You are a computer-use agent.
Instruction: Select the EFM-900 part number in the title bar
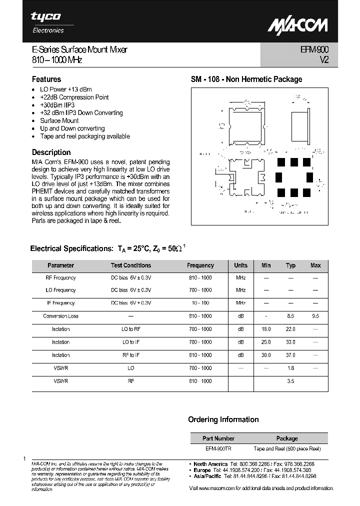coord(315,49)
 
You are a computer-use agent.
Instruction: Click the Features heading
coord(46,79)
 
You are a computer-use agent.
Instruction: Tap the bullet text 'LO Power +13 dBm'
coord(65,89)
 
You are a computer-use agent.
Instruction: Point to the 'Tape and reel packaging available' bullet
coord(84,136)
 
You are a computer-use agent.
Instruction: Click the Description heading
coord(51,152)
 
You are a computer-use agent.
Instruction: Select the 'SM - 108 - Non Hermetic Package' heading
coord(246,79)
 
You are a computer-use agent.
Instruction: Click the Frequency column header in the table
coord(200,265)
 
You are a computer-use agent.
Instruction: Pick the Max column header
coord(315,265)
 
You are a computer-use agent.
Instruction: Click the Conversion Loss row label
coord(60,316)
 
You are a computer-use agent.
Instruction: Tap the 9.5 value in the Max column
coord(315,316)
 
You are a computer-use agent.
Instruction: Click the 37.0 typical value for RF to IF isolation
coord(290,355)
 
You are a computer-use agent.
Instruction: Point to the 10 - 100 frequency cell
coord(200,303)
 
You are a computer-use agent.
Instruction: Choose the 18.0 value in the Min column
coord(266,329)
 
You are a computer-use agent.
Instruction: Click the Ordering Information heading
coord(223,419)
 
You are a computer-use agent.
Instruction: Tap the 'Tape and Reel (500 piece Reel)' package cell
coord(287,449)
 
